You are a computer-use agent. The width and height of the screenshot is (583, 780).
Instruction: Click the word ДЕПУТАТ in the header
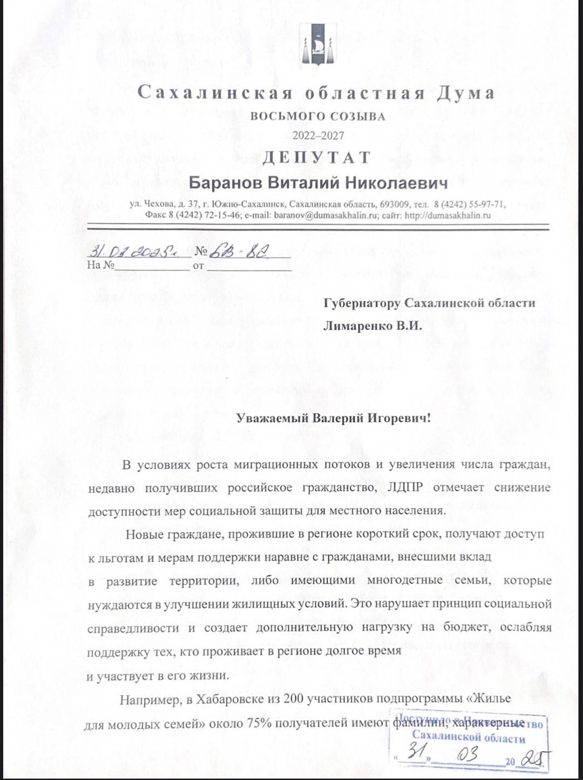317,158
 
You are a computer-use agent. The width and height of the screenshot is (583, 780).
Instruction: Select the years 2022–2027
318,135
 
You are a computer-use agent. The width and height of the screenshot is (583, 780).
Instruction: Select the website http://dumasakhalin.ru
448,215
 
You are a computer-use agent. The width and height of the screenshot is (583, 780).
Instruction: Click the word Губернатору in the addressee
362,303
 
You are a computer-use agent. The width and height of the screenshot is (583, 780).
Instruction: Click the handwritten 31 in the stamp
416,752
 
